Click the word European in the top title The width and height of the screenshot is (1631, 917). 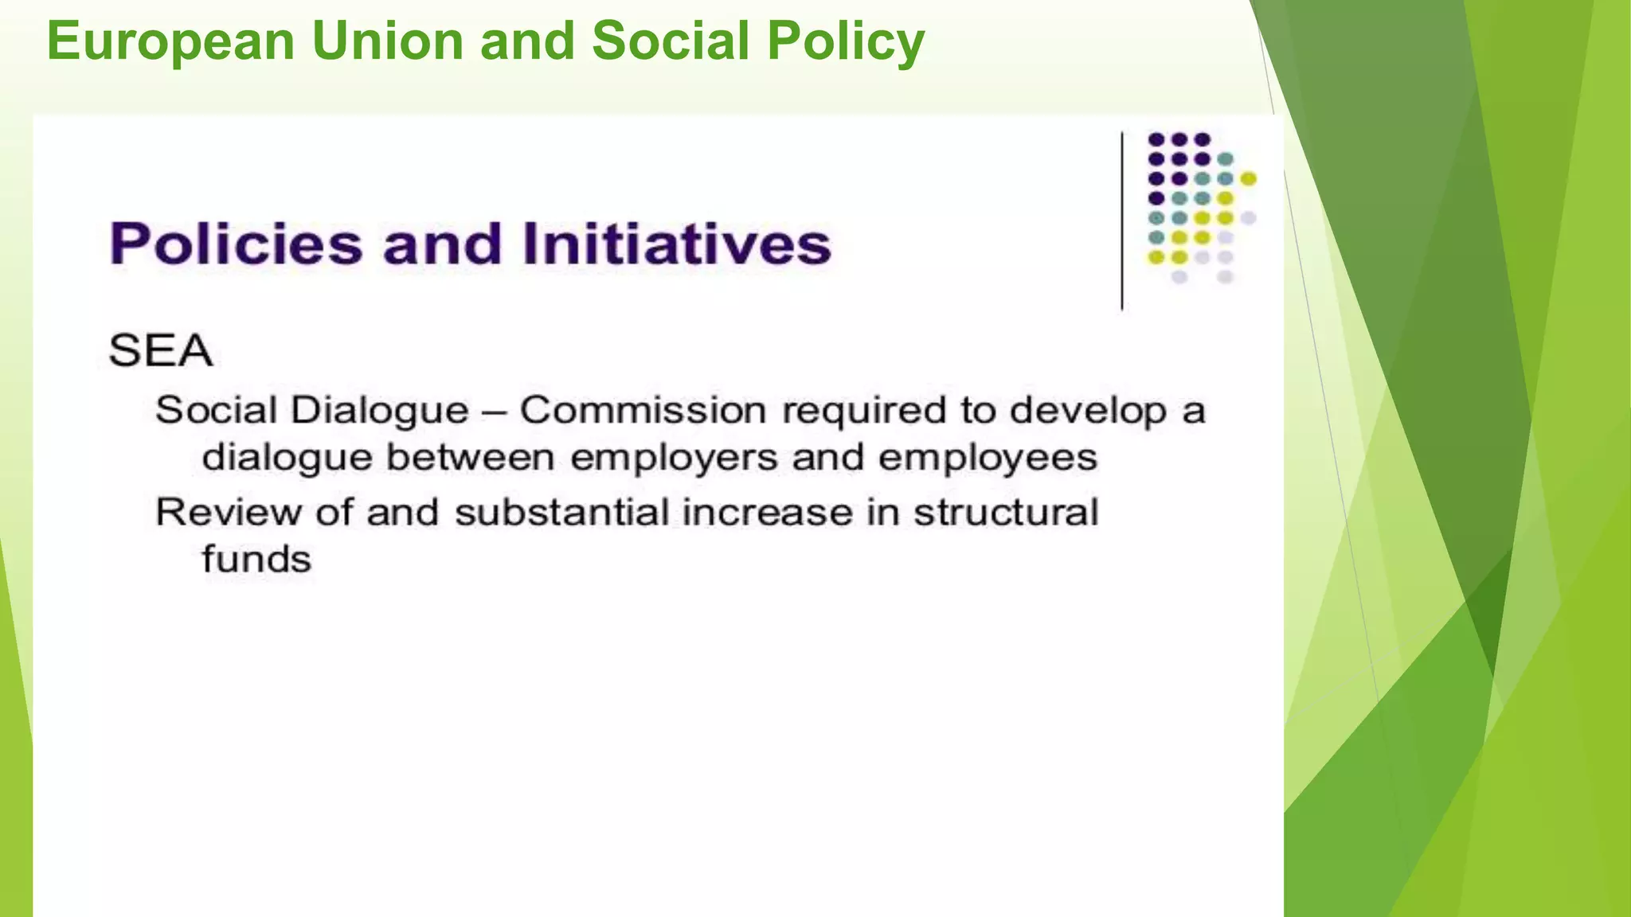point(170,41)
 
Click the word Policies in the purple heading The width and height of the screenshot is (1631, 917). point(236,244)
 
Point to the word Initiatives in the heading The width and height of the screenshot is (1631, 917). point(677,244)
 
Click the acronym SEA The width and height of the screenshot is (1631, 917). point(161,350)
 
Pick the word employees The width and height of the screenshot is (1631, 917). point(988,458)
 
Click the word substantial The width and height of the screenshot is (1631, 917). point(561,512)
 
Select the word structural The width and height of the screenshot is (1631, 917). point(1006,512)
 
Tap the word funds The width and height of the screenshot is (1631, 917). point(256,559)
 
